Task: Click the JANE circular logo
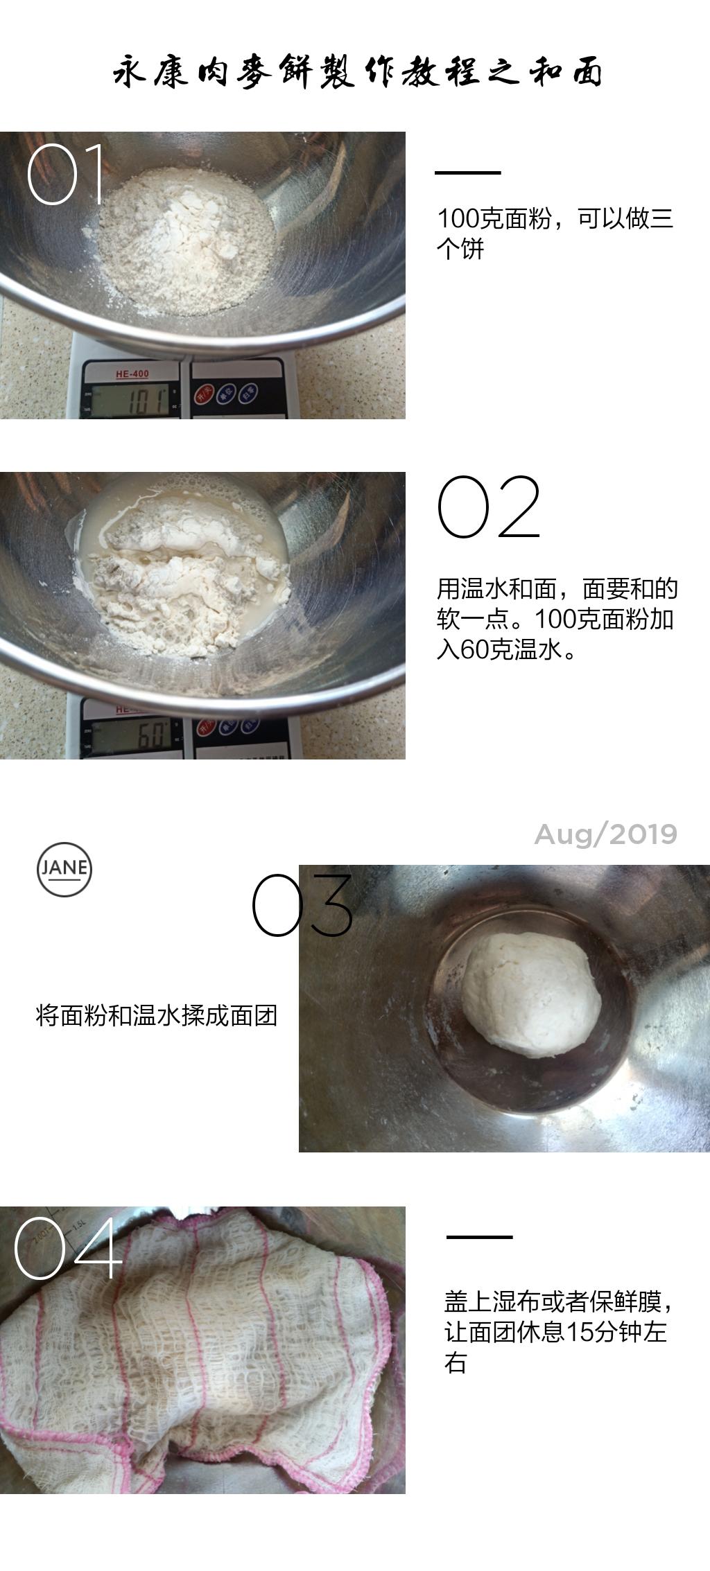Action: [64, 869]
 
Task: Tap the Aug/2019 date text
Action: [605, 834]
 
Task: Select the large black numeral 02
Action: [489, 508]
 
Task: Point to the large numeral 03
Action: [302, 905]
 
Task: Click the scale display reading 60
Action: [133, 735]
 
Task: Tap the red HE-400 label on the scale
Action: [132, 374]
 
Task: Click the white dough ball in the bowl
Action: [531, 993]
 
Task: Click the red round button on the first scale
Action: [203, 394]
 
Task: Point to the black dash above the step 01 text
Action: [467, 173]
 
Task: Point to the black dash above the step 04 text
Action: [479, 1236]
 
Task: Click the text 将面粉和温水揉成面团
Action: [157, 1016]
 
